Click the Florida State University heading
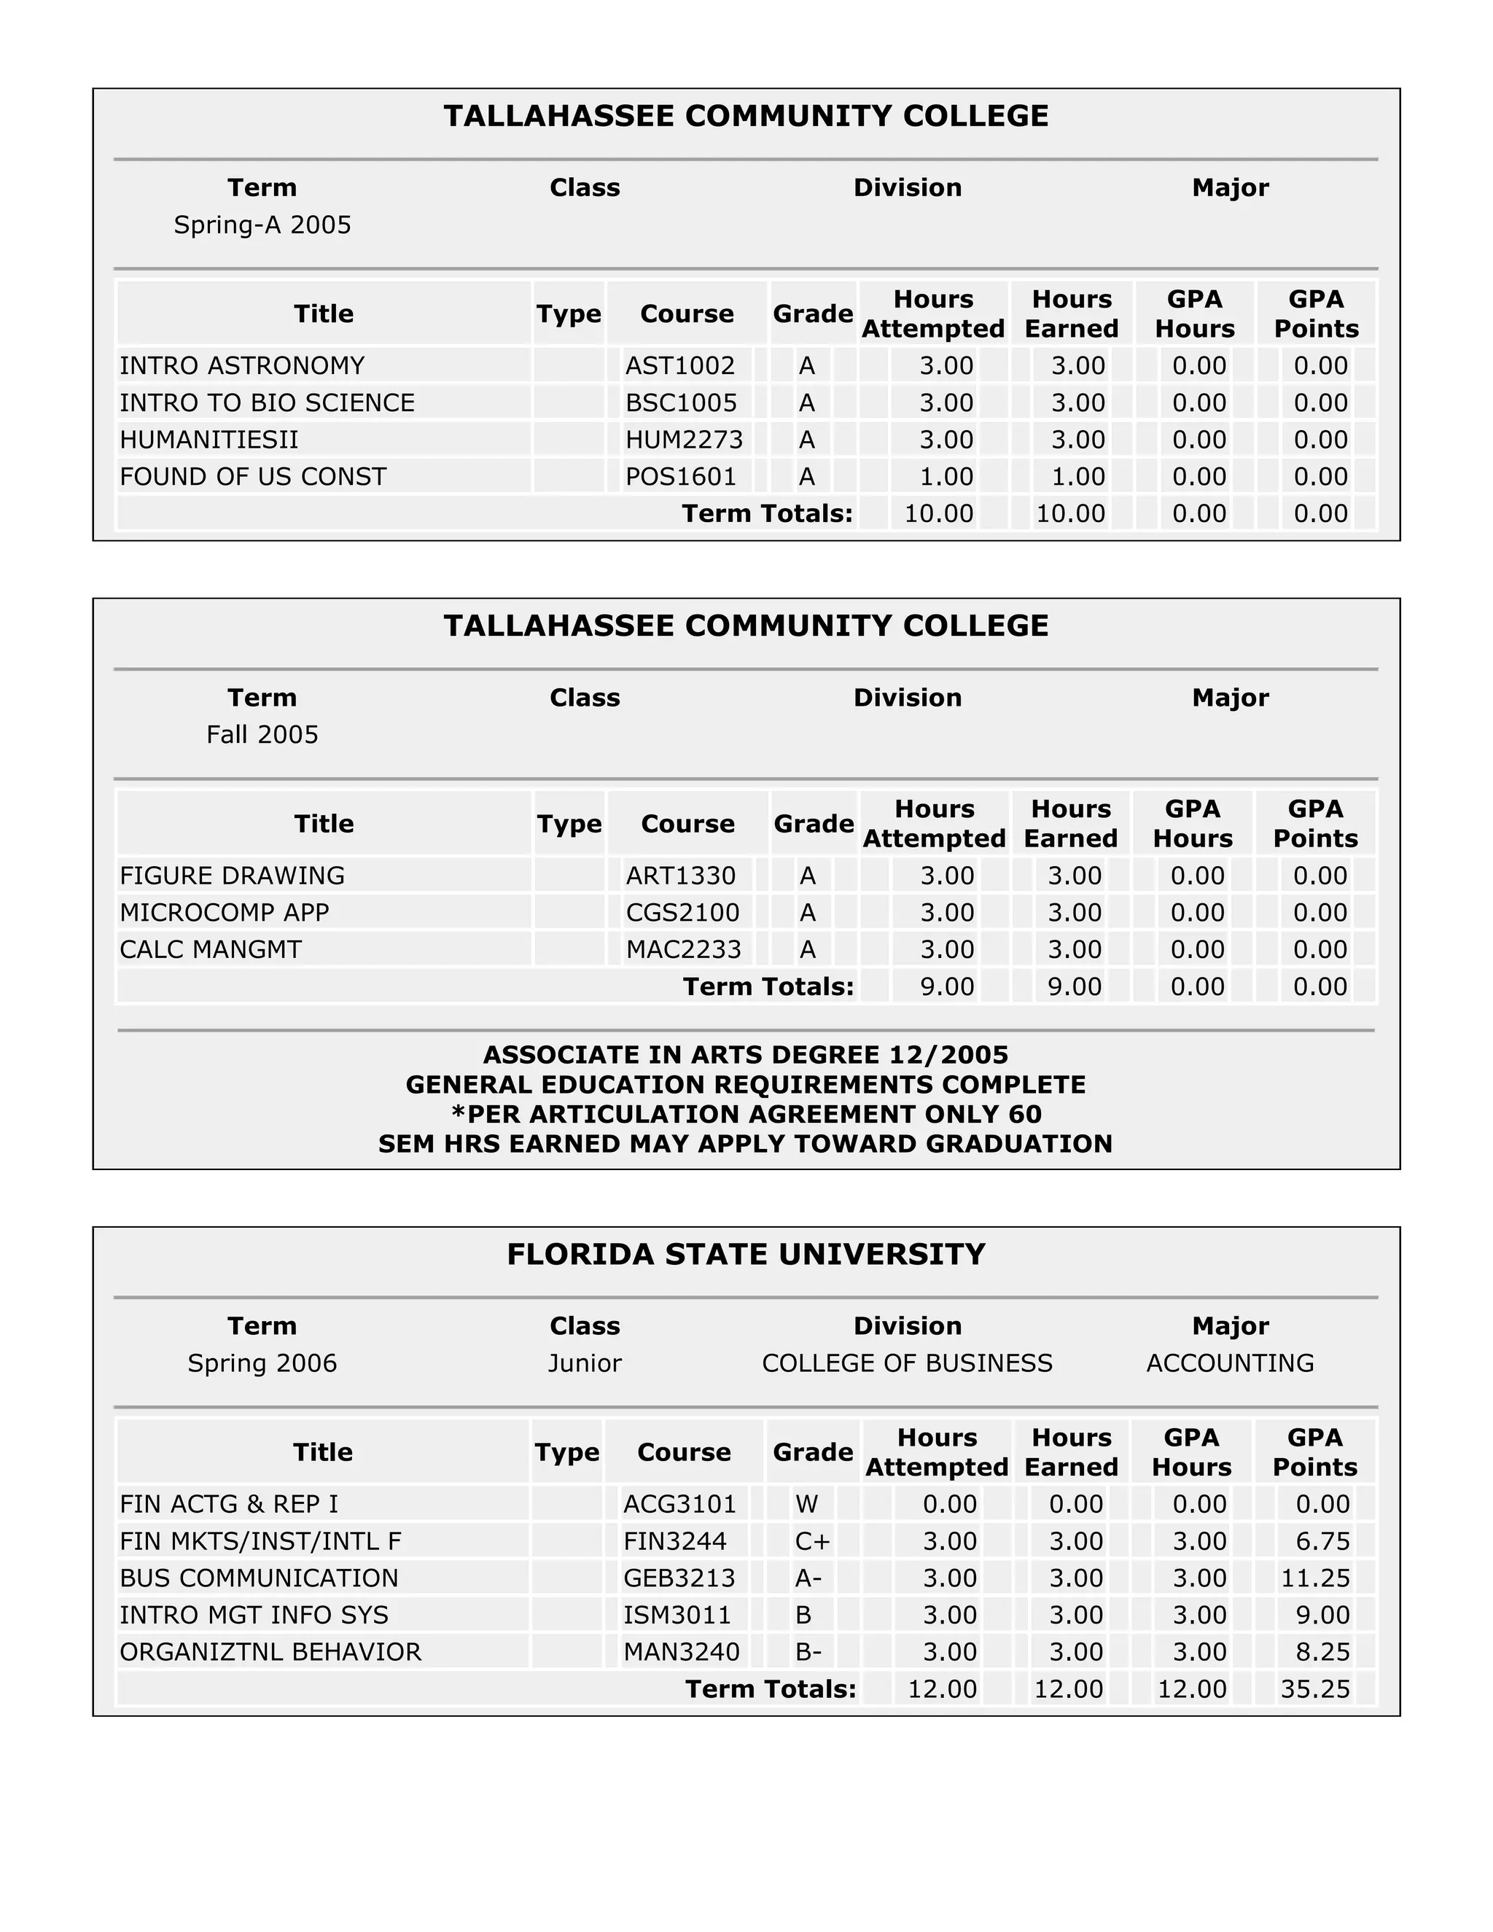pos(746,1255)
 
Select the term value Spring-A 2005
pos(262,225)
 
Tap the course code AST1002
pos(680,365)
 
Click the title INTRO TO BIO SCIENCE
pos(267,402)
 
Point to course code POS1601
pos(681,477)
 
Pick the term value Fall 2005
pos(262,734)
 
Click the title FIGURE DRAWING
pos(232,876)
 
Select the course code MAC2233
pos(683,949)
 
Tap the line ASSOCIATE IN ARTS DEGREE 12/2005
pos(746,1054)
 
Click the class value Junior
pos(584,1363)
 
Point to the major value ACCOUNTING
pos(1229,1363)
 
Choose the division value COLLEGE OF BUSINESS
pos(907,1363)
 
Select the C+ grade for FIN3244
pos(812,1541)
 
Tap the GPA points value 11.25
pos(1315,1578)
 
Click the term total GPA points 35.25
pos(1315,1688)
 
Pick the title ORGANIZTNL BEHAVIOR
pos(270,1651)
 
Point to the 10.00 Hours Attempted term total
pos(938,513)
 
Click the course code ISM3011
pos(677,1614)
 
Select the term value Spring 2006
pos(262,1363)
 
